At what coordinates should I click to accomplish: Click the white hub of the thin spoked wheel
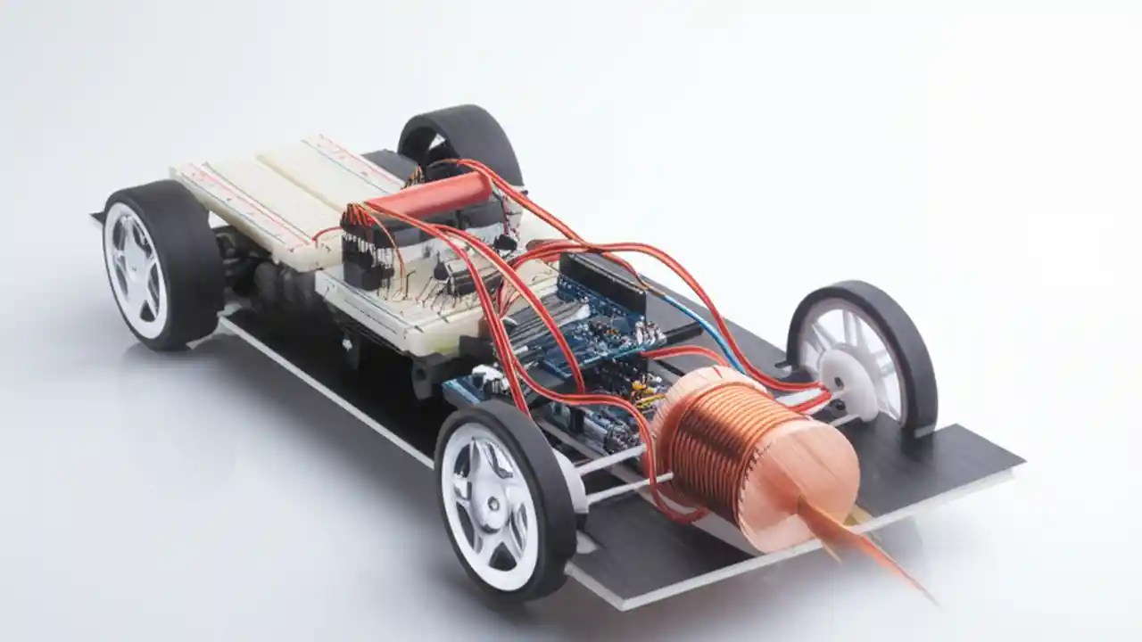[x=842, y=384]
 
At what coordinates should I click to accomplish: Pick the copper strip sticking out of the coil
[x=856, y=544]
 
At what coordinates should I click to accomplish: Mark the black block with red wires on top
[x=366, y=250]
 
